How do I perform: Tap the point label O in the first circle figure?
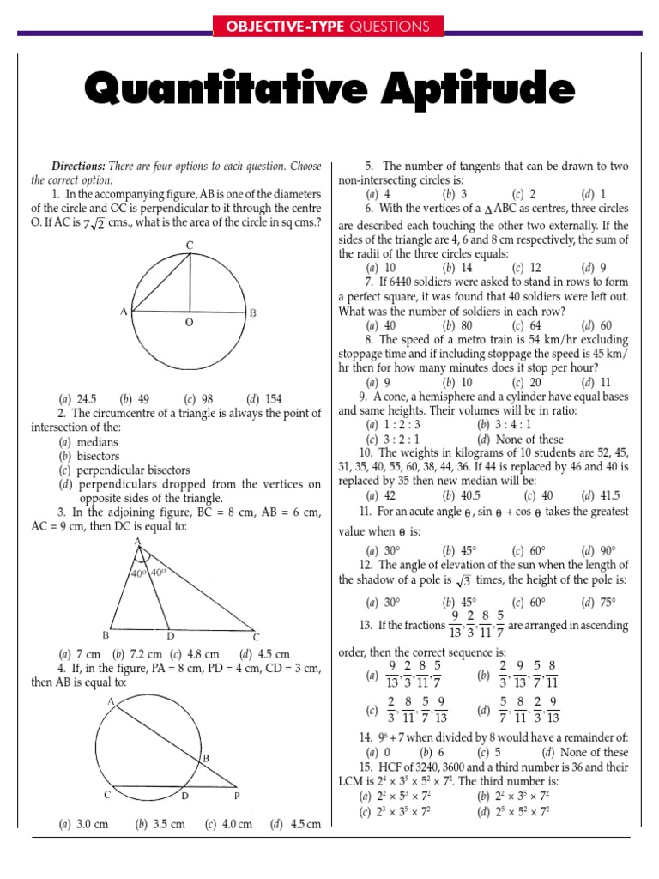[x=189, y=322]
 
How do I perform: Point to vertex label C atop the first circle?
[x=190, y=246]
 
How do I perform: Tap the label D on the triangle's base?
[x=171, y=635]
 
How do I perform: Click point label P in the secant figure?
[x=238, y=796]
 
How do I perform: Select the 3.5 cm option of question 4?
[x=167, y=825]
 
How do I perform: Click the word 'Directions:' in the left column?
[x=79, y=166]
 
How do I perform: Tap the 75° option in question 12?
[x=608, y=602]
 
